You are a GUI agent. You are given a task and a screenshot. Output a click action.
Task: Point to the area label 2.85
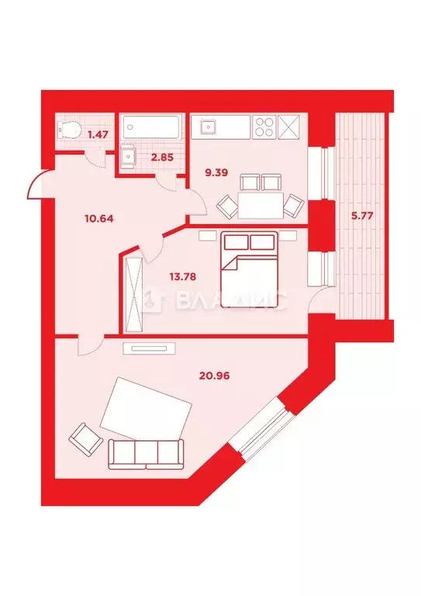pos(160,158)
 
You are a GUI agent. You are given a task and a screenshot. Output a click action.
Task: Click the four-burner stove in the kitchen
pos(264,125)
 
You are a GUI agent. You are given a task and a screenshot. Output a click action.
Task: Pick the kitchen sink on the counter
pos(209,125)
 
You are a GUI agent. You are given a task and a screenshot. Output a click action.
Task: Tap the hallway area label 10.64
pos(98,218)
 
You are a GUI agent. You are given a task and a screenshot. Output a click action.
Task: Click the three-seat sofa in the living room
pos(147,452)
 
